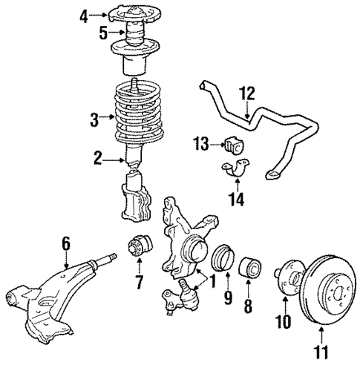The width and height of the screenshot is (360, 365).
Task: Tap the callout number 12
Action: click(x=247, y=93)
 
